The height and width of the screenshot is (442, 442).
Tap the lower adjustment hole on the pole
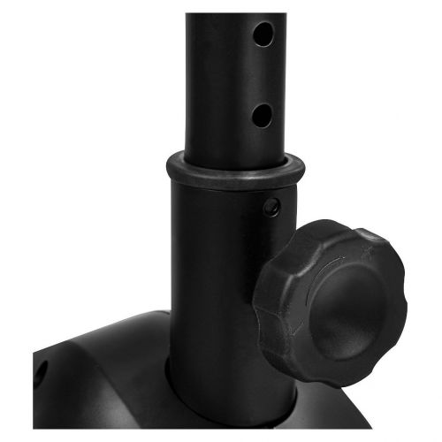pos(262,114)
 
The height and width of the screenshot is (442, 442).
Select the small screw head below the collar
pos(272,207)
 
